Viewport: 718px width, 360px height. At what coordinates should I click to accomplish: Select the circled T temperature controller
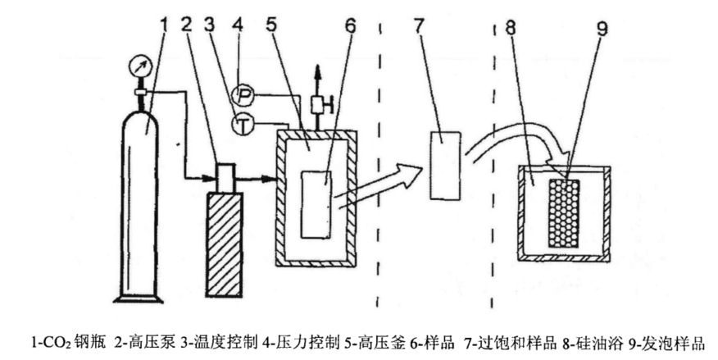(243, 125)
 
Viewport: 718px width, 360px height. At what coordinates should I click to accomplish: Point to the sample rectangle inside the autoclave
(316, 203)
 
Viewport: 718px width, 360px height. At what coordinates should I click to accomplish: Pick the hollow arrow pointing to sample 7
(385, 181)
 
